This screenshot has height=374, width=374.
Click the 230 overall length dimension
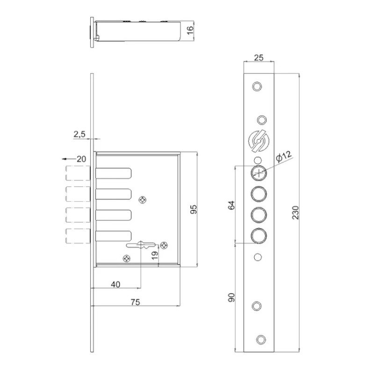[295, 213]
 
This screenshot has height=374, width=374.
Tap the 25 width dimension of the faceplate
[259, 58]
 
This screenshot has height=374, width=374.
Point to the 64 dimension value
[231, 205]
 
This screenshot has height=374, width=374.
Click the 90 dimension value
[231, 297]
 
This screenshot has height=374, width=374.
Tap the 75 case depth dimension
[135, 302]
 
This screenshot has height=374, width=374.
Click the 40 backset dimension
[115, 284]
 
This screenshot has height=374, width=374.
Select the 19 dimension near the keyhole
[155, 255]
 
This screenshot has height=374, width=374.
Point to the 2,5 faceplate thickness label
[79, 134]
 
